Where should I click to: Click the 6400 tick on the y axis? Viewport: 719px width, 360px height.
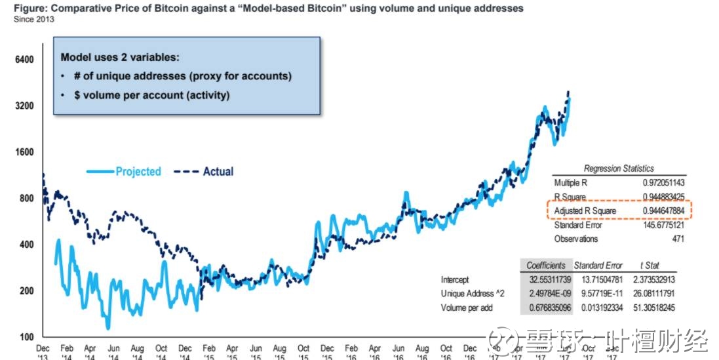(23, 60)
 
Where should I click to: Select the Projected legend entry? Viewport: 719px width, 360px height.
(138, 172)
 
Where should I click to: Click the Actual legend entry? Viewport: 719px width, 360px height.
(218, 172)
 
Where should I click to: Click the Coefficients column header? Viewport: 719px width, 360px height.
(545, 266)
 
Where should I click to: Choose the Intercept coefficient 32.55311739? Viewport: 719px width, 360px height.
(545, 280)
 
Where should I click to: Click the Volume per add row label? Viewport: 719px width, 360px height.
(467, 308)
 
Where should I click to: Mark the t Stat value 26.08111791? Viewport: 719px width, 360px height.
(650, 294)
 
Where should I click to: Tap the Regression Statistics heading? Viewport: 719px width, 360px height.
(618, 169)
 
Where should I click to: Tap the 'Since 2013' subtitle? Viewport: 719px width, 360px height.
(34, 19)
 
